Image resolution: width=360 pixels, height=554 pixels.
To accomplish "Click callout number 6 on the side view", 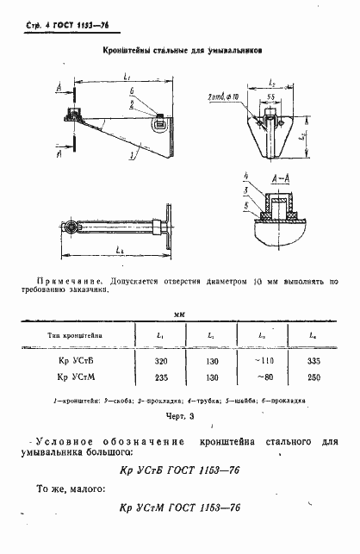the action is click(131, 91).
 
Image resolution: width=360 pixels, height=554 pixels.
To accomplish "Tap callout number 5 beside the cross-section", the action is click(245, 208).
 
